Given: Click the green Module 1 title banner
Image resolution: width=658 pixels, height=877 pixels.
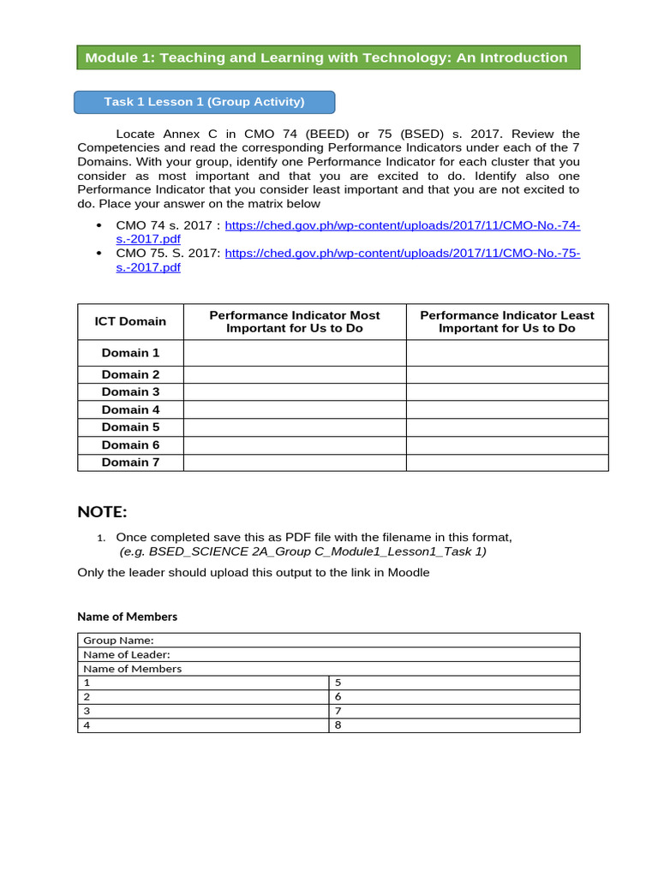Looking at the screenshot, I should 328,57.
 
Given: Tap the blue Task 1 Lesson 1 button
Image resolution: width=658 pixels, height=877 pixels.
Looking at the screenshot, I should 204,102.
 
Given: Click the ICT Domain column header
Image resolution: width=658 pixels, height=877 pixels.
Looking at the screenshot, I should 130,321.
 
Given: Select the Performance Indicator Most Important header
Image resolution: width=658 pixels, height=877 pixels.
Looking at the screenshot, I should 294,321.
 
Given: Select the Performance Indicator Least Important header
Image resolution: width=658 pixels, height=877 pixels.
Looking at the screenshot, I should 506,321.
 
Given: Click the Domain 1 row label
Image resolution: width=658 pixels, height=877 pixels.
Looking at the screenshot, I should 130,353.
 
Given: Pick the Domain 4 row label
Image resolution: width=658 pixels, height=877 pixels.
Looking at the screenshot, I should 130,409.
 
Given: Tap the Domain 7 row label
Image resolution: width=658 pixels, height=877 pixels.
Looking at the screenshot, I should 130,462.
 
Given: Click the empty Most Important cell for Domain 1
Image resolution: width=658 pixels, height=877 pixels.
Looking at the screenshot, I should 294,353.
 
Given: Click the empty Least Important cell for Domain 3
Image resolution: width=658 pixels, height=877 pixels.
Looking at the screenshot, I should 506,392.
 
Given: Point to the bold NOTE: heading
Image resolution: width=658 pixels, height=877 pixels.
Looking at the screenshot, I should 102,512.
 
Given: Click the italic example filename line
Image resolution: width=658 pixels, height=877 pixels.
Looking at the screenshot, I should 302,552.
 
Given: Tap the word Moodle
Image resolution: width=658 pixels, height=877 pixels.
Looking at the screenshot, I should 408,572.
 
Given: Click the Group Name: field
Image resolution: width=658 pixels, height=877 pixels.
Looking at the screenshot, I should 328,640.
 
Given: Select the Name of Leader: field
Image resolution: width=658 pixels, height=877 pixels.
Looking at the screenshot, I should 328,654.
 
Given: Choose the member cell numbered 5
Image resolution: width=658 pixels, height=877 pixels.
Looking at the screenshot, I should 454,683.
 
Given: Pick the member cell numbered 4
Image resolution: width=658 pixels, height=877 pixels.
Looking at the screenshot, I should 203,725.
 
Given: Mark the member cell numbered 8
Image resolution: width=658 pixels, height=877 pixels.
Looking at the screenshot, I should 454,725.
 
